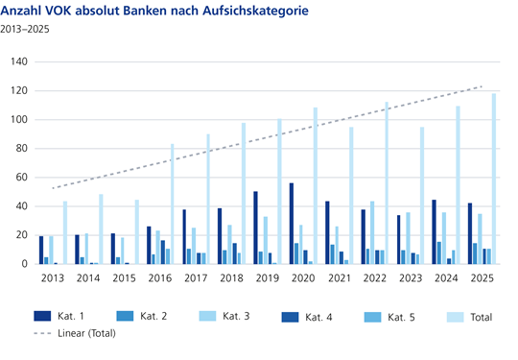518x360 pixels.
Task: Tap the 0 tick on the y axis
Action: point(26,264)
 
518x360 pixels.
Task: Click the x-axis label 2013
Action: point(53,277)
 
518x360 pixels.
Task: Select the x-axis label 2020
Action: point(302,277)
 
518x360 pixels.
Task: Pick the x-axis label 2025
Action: point(481,277)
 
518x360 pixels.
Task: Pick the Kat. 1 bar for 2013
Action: point(41,250)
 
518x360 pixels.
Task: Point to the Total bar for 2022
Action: point(387,182)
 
